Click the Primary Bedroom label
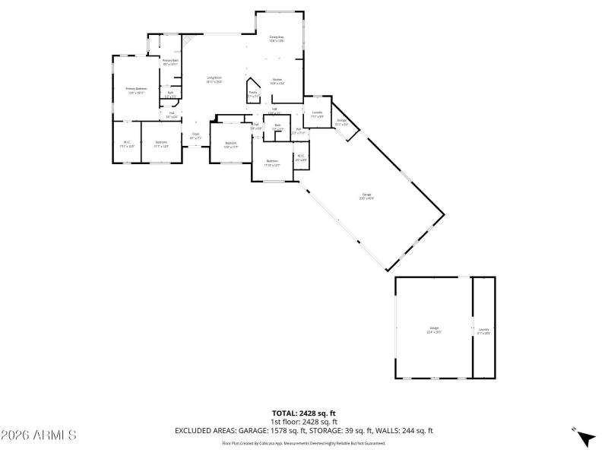(x=136, y=90)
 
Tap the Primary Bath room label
(x=170, y=62)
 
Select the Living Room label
(x=214, y=79)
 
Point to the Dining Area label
(x=276, y=39)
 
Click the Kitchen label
(x=277, y=81)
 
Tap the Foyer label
(x=195, y=136)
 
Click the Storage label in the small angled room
(x=342, y=122)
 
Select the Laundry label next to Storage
(x=317, y=114)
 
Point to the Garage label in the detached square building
(x=433, y=330)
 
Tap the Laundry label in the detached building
(x=483, y=330)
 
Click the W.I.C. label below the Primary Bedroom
(x=127, y=144)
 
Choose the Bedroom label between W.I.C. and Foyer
(x=161, y=144)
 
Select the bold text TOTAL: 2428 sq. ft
(x=304, y=413)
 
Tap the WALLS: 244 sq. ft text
(x=407, y=430)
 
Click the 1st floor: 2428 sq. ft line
(x=304, y=422)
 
